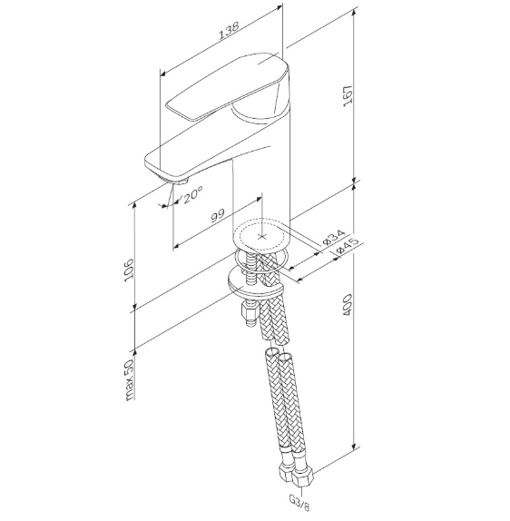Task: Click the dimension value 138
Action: [229, 31]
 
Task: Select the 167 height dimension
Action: [348, 96]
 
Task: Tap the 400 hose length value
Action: [347, 304]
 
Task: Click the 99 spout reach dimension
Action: [219, 216]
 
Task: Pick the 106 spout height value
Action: [129, 270]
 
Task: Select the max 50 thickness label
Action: [129, 379]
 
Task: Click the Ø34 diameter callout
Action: [334, 237]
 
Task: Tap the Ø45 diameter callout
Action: [348, 246]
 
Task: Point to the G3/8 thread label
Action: [299, 503]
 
